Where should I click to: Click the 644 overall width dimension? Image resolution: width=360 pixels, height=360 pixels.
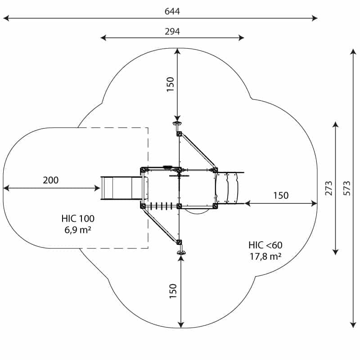point(172,11)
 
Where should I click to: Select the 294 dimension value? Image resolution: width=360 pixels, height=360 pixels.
point(172,31)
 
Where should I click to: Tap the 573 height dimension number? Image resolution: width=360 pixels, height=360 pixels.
point(346,188)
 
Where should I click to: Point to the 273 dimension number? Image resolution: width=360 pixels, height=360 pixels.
point(329,188)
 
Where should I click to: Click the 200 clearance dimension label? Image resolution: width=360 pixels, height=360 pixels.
point(50,180)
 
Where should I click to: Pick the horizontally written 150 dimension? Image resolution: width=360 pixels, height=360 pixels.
point(281,196)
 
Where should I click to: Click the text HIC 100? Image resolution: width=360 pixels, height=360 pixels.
point(78,219)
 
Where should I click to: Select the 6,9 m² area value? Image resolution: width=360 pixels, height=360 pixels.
point(78,229)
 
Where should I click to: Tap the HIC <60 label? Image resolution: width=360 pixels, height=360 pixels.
point(265,245)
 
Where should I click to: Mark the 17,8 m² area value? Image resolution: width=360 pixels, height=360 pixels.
point(265,256)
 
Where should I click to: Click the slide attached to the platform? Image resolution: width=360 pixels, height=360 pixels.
point(121,188)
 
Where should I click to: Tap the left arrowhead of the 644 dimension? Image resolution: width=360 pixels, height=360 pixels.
point(6,18)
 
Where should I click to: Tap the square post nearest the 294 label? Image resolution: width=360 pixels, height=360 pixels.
point(179,134)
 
